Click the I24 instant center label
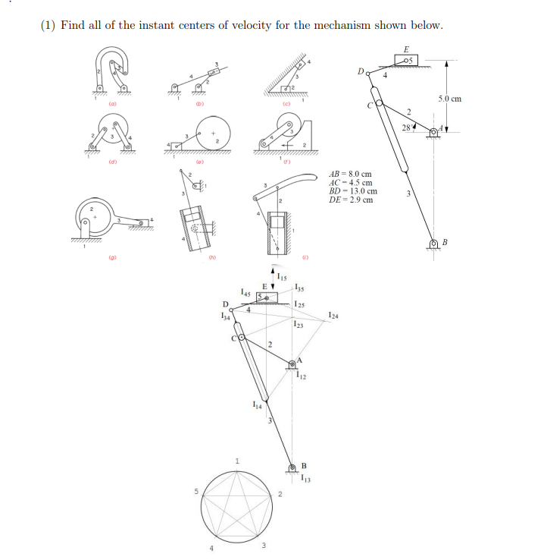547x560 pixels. click(x=334, y=315)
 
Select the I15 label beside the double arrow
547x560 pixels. click(x=282, y=275)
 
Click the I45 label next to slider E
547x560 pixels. click(x=244, y=291)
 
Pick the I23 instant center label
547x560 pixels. click(x=300, y=326)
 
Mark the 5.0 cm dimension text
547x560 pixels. click(x=449, y=99)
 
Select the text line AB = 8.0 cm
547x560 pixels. click(x=351, y=174)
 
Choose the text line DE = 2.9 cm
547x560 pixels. click(x=351, y=200)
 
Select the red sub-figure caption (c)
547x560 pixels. click(x=286, y=103)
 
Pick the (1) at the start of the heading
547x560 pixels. click(x=48, y=25)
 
